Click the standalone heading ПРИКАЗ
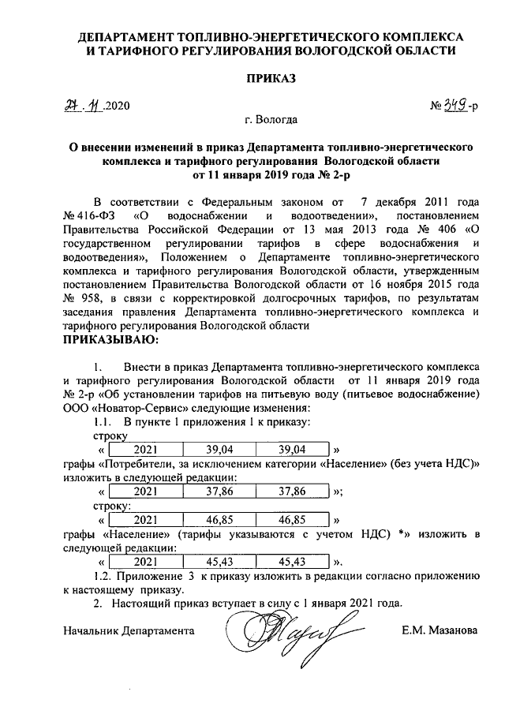272,78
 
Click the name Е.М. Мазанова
439,631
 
